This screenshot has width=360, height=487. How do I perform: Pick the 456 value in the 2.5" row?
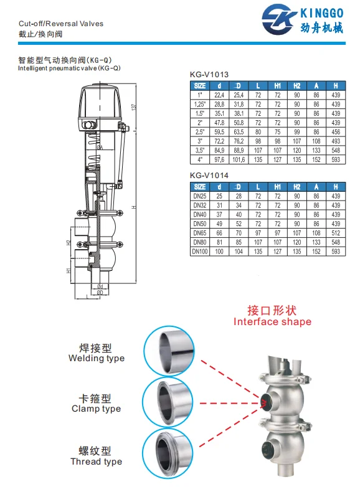[x=336, y=132]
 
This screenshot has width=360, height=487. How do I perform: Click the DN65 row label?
[x=200, y=232]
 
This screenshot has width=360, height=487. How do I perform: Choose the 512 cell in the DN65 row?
[x=336, y=232]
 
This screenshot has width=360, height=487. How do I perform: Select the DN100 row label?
[x=200, y=251]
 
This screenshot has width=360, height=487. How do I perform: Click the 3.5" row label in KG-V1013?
[x=200, y=150]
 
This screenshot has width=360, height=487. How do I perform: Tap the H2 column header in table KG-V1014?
[x=297, y=187]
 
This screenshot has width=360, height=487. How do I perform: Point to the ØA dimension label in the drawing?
[x=100, y=146]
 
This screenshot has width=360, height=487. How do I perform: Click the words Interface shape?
[x=272, y=322]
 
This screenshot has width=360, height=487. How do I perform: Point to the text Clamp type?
[x=96, y=409]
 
